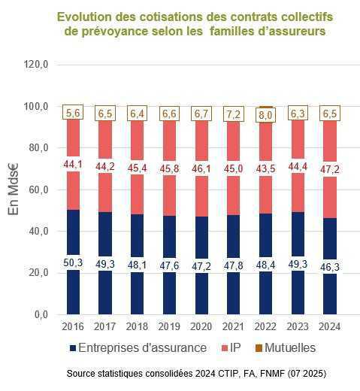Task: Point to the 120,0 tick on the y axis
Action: point(36,65)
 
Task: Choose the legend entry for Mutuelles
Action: point(289,347)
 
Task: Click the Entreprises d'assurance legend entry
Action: point(142,347)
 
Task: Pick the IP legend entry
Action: point(235,347)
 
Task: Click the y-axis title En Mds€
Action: point(14,190)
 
